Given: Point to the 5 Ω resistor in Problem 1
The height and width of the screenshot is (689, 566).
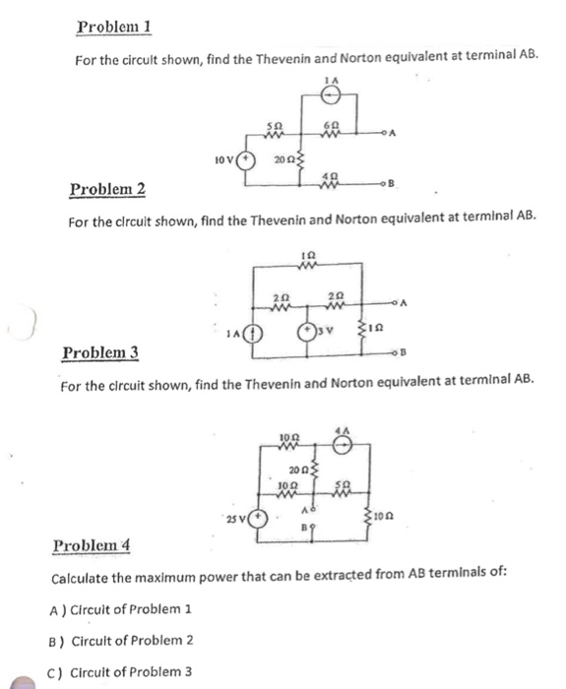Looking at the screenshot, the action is tap(278, 132).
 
